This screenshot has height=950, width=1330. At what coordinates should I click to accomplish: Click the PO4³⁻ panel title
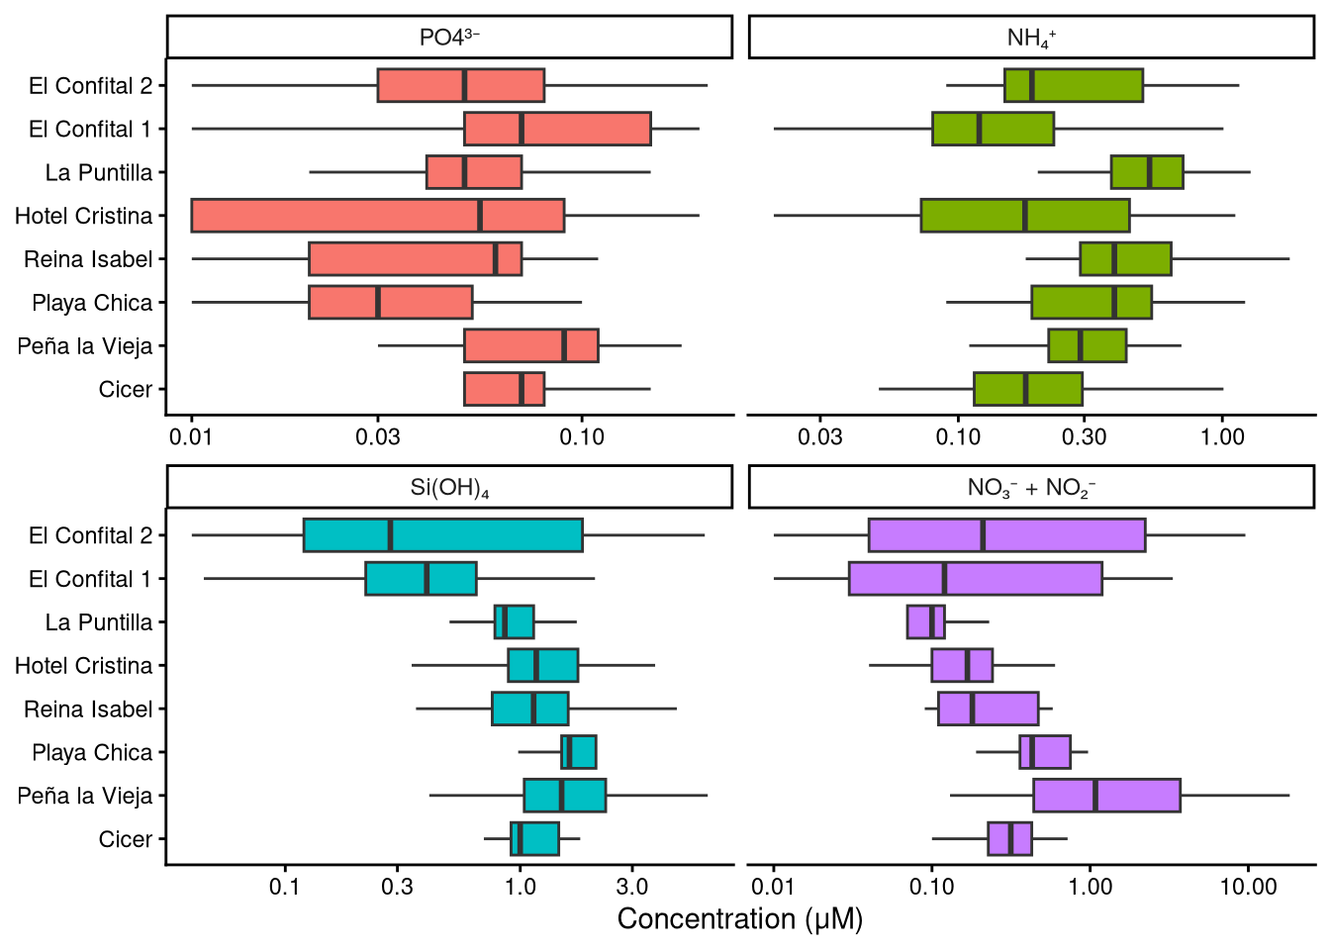click(x=449, y=38)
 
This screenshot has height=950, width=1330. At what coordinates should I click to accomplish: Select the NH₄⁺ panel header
click(x=1031, y=38)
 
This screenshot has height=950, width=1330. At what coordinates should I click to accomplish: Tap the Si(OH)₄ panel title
click(x=449, y=488)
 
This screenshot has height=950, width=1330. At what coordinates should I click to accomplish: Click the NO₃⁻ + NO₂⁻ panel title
click(x=1031, y=488)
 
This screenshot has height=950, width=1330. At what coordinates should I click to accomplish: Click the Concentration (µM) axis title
click(x=740, y=919)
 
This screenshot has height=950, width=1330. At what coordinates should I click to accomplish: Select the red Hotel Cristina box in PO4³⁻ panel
click(x=377, y=216)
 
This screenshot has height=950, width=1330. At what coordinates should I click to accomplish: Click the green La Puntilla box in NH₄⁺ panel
click(x=1146, y=172)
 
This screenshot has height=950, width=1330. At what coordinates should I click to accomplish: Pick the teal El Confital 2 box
click(x=442, y=535)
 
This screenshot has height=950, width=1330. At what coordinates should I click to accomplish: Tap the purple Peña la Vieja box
click(x=1106, y=796)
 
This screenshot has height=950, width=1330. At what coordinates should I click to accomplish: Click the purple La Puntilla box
click(x=925, y=622)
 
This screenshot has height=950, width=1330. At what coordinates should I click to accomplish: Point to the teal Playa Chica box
click(x=579, y=752)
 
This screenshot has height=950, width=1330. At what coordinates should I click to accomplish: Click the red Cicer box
click(x=504, y=389)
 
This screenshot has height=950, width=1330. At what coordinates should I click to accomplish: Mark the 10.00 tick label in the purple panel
click(x=1248, y=887)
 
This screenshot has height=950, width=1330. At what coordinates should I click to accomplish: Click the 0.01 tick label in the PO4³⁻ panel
click(x=191, y=437)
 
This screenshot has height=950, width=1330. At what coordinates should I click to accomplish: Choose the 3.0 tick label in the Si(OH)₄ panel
click(x=631, y=887)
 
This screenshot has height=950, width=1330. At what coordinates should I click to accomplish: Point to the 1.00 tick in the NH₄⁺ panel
click(x=1222, y=437)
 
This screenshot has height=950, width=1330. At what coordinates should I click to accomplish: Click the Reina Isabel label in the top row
click(x=88, y=259)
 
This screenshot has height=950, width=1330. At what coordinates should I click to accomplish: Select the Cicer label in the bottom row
click(x=126, y=839)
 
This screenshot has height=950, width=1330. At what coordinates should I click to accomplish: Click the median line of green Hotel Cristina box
click(x=1024, y=216)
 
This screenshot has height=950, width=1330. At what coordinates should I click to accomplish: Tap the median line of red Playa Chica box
click(x=377, y=303)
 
